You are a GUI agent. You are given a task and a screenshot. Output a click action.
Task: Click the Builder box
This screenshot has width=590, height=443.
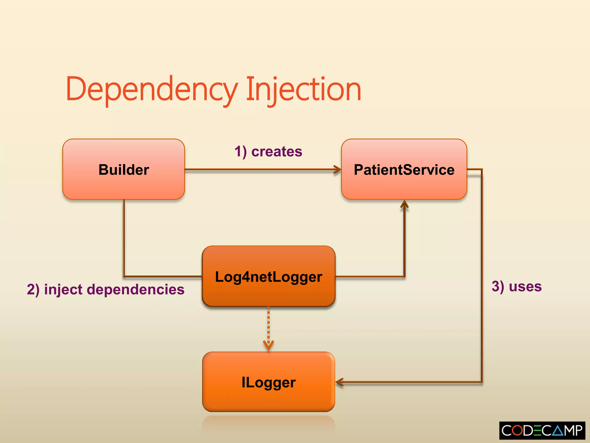pos(124,170)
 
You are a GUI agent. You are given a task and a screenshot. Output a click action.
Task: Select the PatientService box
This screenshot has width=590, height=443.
pos(404,170)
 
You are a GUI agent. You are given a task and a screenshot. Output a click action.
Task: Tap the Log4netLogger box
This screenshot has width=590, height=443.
pos(268,277)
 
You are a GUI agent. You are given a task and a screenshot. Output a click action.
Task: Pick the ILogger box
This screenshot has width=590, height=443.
pos(268,382)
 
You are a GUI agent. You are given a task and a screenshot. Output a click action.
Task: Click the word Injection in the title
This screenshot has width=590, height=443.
pos(303,89)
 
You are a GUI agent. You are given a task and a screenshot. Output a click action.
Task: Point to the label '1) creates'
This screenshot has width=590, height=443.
pos(268,151)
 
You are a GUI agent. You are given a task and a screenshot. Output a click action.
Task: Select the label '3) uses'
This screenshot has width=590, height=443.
pos(517,286)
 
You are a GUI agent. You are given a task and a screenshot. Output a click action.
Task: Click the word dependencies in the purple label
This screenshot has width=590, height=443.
pos(135,289)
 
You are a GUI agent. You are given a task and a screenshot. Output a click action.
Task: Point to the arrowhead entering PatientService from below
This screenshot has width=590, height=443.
pos(404,204)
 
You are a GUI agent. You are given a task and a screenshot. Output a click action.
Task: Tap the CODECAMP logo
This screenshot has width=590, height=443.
pos(542,431)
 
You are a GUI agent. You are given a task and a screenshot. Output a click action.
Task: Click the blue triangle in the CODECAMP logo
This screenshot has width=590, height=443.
pos(557,431)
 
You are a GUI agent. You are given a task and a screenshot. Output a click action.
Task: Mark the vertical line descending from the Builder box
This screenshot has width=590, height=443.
pos(124,236)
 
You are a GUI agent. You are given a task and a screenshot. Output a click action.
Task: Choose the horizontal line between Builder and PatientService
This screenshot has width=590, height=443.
pos(259,170)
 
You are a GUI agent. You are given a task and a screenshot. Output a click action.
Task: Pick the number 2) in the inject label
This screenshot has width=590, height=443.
pos(33,289)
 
